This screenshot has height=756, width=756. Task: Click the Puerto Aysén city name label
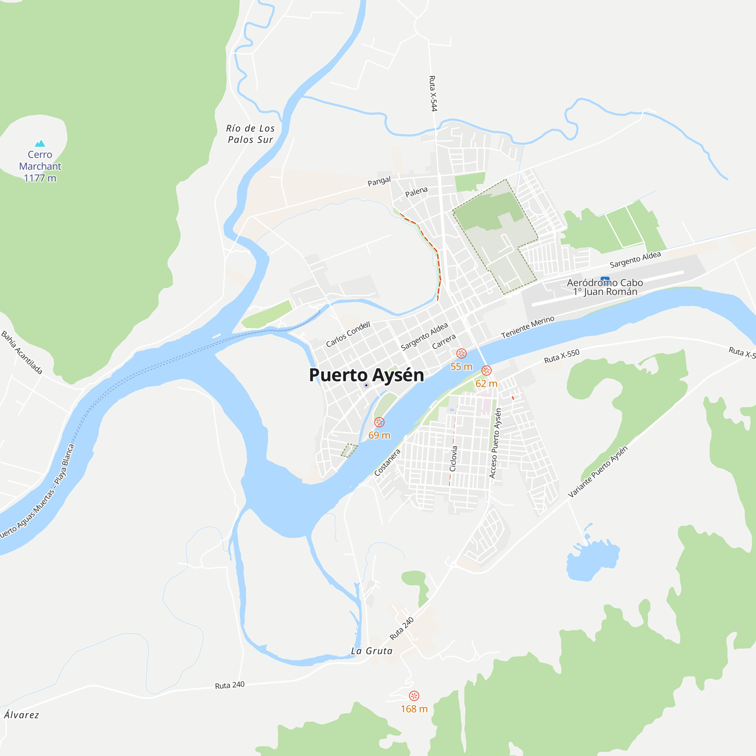tap(366, 375)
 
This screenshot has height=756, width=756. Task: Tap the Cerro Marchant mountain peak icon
tap(40, 144)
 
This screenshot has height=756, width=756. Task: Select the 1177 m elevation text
tap(40, 178)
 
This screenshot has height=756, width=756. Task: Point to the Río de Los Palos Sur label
tap(251, 134)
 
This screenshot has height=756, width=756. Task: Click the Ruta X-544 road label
tap(433, 93)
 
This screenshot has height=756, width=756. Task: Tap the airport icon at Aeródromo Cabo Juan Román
tap(605, 279)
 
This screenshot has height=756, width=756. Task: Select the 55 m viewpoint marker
tap(461, 354)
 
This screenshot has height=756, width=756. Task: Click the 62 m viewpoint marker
tap(486, 370)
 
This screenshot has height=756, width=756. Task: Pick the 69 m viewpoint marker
tap(379, 422)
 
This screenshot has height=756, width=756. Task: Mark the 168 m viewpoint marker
tap(414, 696)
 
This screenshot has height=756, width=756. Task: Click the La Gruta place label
tap(371, 651)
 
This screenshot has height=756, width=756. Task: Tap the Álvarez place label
tap(22, 715)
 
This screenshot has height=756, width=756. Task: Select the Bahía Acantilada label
tap(22, 352)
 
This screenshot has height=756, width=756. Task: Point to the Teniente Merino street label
tap(527, 327)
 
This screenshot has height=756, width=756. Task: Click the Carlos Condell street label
tap(348, 334)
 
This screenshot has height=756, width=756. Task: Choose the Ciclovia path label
tap(453, 458)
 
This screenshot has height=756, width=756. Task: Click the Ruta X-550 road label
tap(562, 356)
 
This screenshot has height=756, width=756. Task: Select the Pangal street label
tap(379, 181)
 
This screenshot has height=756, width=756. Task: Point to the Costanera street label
tap(387, 463)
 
